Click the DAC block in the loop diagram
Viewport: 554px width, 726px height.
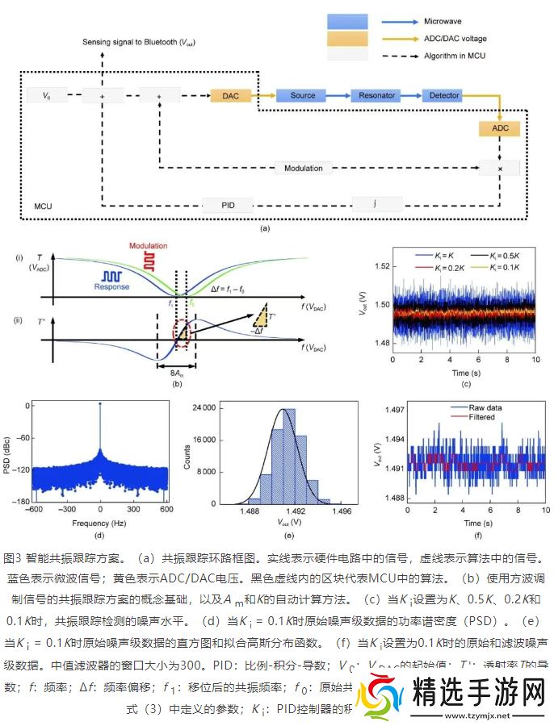coord(231,96)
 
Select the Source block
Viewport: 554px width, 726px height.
coord(302,96)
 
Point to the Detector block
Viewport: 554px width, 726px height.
coord(443,96)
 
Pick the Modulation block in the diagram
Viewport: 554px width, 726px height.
coord(303,169)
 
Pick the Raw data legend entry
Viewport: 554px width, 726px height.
coord(484,408)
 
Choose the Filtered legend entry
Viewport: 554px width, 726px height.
coord(482,417)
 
